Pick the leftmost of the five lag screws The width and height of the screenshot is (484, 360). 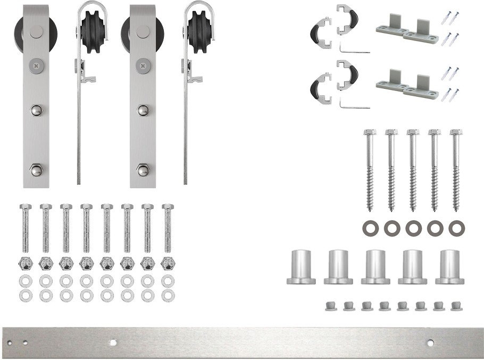368,170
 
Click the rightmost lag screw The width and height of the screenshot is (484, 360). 455,170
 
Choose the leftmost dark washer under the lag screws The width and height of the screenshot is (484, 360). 369,229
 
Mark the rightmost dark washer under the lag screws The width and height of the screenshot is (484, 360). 455,229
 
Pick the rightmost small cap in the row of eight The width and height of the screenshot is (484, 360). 456,306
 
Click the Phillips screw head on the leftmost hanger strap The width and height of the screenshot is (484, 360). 35,66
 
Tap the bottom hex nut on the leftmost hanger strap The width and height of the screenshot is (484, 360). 36,171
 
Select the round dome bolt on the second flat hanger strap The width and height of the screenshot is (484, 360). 143,110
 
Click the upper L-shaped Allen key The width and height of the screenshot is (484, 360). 354,50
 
